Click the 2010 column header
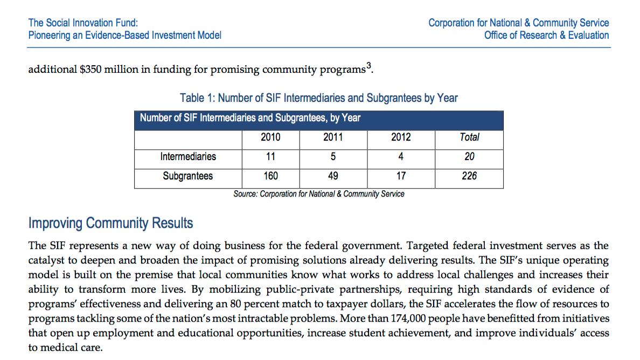point(270,137)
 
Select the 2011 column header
point(333,137)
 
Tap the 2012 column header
point(401,137)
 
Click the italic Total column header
point(469,137)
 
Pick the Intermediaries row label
point(188,157)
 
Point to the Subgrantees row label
point(188,176)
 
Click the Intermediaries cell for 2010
point(270,157)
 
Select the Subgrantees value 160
point(270,176)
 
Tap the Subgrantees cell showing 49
point(333,176)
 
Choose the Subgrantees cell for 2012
point(401,176)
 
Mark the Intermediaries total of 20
point(469,157)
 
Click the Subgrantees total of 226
point(469,176)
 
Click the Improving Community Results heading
point(110,223)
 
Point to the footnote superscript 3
point(368,66)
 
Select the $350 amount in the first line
point(90,70)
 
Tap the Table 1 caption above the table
point(319,98)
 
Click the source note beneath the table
point(319,194)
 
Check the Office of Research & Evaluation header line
point(546,36)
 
